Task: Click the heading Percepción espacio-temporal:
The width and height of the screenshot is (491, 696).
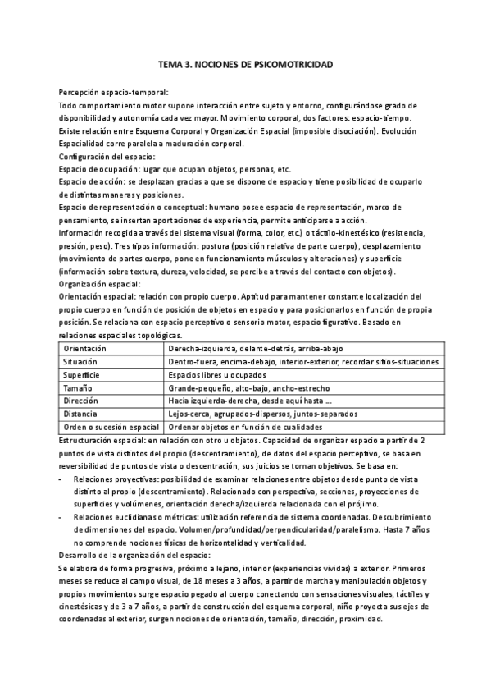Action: coord(114,92)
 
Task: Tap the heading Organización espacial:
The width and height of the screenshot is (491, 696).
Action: coord(100,283)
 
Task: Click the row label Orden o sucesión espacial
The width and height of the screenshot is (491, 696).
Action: coord(111,427)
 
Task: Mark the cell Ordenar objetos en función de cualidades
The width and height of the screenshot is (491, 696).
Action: coord(245,427)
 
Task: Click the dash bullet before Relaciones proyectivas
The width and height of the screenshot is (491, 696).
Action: coord(62,477)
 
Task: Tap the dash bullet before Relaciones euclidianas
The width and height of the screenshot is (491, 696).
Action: coord(62,516)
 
